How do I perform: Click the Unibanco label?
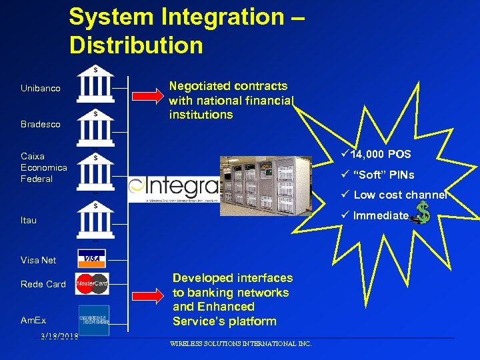tap(40, 89)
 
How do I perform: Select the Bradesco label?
tap(40, 125)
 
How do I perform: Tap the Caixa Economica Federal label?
tap(43, 167)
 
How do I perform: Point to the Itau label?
tap(29, 220)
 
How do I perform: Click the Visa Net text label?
tap(39, 260)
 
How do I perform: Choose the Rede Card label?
tap(43, 284)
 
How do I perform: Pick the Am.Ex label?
tap(33, 321)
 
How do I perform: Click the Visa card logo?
tap(92, 258)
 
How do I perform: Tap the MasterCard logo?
tap(92, 284)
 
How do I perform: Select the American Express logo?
tap(93, 315)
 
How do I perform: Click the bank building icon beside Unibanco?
tap(95, 83)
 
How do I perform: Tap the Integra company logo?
tap(173, 189)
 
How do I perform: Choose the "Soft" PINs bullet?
tap(378, 175)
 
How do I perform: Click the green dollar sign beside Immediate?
tap(423, 214)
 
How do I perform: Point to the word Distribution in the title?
tap(136, 45)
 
